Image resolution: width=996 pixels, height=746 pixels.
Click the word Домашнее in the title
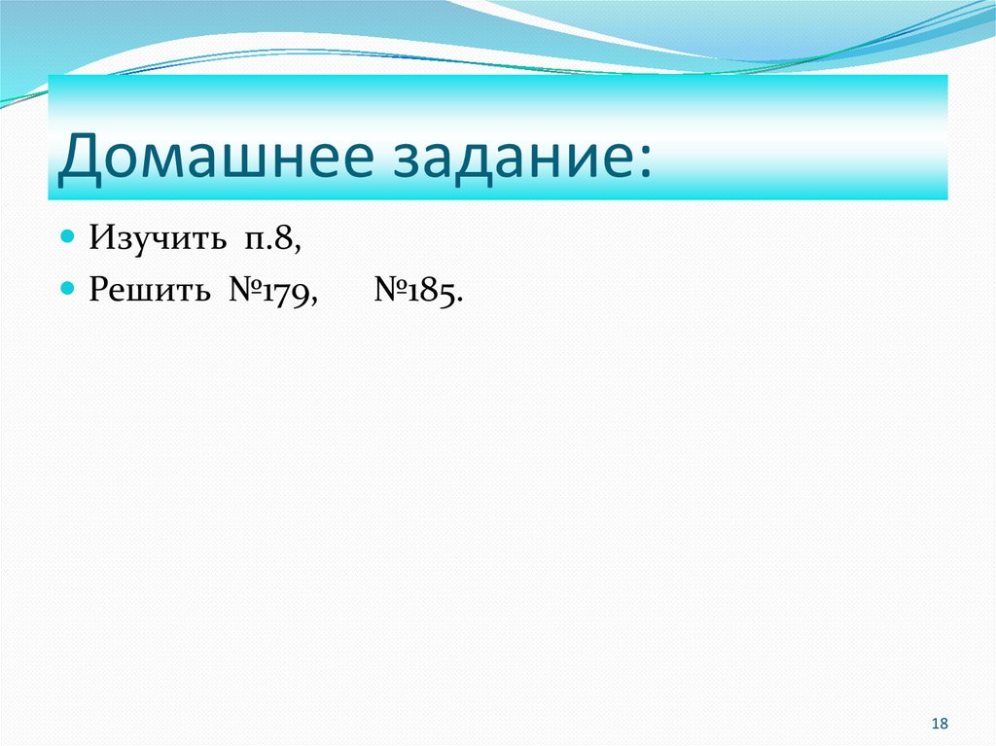[x=214, y=158]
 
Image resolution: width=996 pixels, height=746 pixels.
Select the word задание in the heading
[x=512, y=158]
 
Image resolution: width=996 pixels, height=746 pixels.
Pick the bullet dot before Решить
[x=67, y=289]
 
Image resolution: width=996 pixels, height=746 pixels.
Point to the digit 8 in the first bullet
[x=286, y=239]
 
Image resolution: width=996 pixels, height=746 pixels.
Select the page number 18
[x=940, y=723]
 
